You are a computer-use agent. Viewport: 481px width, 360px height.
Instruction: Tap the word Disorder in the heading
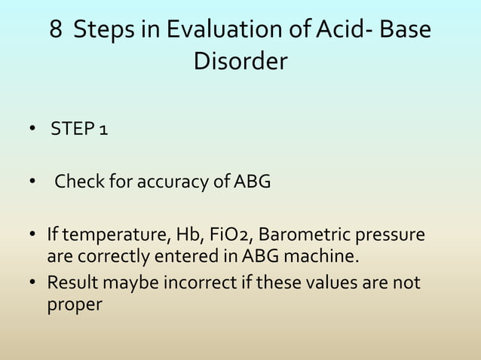point(240,62)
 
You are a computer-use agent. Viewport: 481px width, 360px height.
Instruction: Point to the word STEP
point(70,130)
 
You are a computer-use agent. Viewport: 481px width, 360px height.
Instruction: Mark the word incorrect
point(189,283)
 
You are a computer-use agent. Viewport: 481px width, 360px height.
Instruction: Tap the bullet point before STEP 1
point(34,131)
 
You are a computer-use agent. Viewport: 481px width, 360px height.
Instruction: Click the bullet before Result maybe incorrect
point(34,284)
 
